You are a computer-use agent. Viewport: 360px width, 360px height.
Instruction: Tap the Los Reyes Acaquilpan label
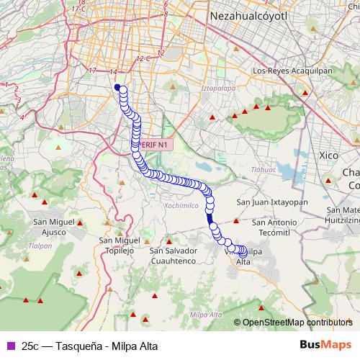click(292, 71)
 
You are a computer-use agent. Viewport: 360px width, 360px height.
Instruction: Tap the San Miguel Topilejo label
click(119, 244)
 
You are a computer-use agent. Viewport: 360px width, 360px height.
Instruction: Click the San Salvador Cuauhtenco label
click(172, 256)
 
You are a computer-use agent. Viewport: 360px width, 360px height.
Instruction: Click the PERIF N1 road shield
click(154, 145)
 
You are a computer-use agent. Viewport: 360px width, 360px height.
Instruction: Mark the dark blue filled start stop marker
click(117, 88)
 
